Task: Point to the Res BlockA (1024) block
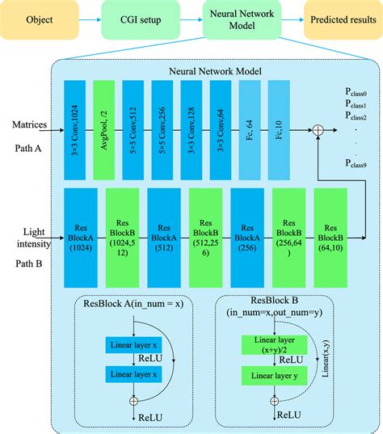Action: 81,238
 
